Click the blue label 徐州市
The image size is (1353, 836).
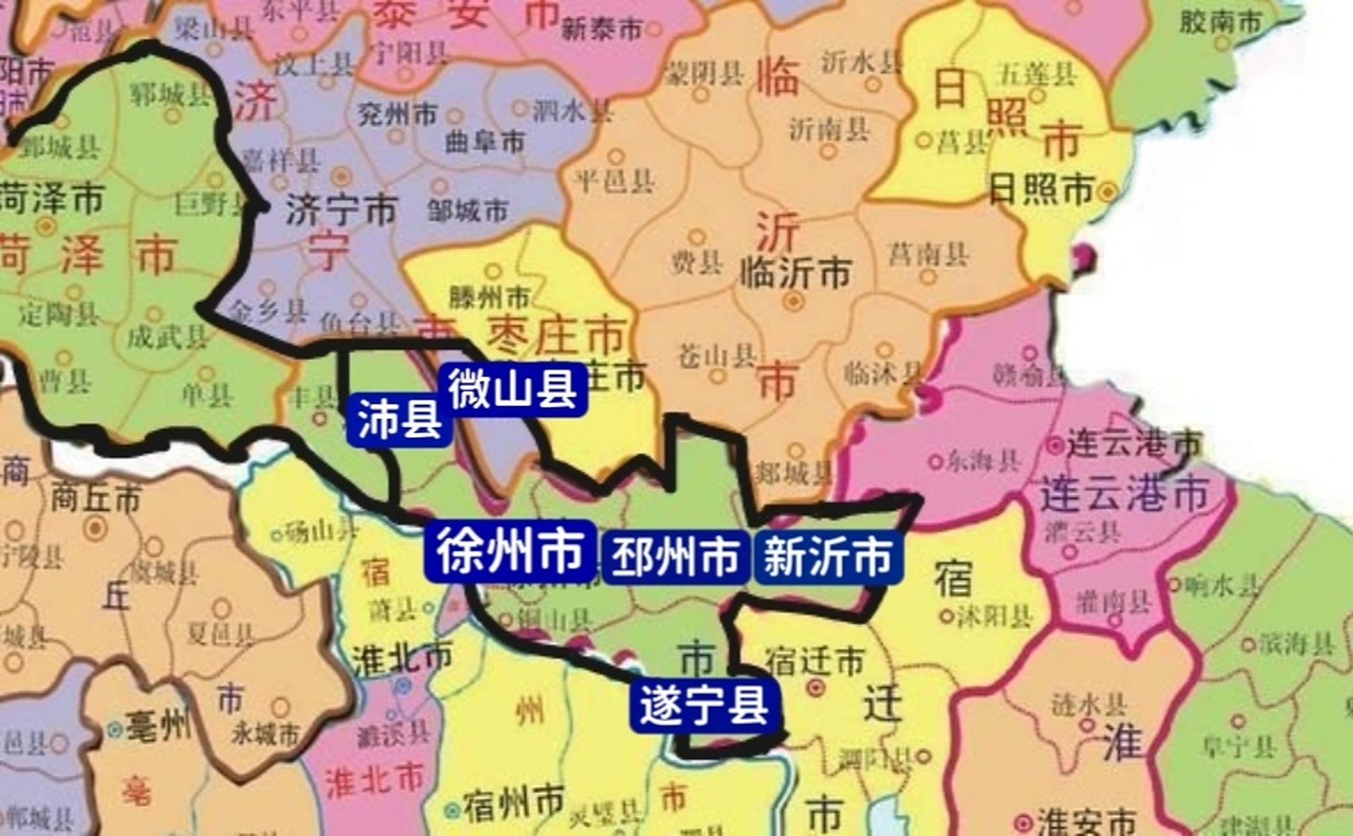pyautogui.click(x=510, y=551)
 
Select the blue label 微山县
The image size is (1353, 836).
pyautogui.click(x=513, y=389)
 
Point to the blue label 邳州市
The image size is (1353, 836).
pyautogui.click(x=675, y=556)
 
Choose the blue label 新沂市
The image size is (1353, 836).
pyautogui.click(x=828, y=556)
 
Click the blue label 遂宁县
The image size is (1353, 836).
pyautogui.click(x=704, y=705)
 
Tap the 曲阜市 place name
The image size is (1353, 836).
pyautogui.click(x=484, y=142)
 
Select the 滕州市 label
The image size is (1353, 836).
pyautogui.click(x=490, y=298)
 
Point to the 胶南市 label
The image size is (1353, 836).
pyautogui.click(x=1221, y=23)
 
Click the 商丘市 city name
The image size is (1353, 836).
pyautogui.click(x=96, y=500)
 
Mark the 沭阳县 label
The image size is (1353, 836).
pyautogui.click(x=995, y=615)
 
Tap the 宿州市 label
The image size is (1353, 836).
pyautogui.click(x=514, y=804)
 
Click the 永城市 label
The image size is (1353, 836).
pyautogui.click(x=265, y=734)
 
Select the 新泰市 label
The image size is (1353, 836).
pyautogui.click(x=601, y=28)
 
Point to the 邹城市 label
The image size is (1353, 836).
pyautogui.click(x=467, y=210)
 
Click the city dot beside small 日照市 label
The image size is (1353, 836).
pyautogui.click(x=1108, y=192)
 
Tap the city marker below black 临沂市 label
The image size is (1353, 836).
pyautogui.click(x=794, y=301)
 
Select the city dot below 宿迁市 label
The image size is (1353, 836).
pyautogui.click(x=815, y=687)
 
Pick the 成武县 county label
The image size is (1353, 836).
pyautogui.click(x=167, y=338)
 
